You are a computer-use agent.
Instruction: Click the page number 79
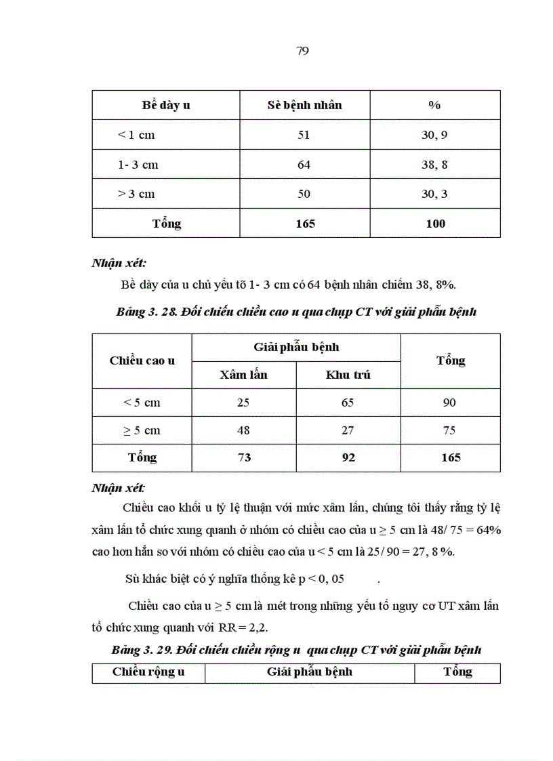pos(303,51)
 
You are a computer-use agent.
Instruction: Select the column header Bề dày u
pos(166,105)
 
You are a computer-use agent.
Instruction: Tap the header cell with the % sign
pos(434,105)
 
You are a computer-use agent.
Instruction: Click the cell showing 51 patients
pos(304,135)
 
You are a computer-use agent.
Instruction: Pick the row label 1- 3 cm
pos(138,165)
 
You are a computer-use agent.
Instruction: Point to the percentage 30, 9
pos(434,135)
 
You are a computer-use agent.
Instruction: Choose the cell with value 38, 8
pos(434,165)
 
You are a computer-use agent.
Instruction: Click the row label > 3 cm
pos(136,194)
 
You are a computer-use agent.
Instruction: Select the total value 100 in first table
pos(436,223)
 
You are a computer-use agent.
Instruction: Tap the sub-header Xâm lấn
pos(244,375)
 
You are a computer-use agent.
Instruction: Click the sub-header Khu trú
pos(348,375)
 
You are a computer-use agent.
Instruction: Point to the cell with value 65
pos(348,403)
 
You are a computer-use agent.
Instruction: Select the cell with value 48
pos(244,430)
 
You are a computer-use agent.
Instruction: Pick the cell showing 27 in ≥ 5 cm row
pos(348,430)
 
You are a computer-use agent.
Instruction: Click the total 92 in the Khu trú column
pos(348,457)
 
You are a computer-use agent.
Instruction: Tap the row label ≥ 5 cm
pos(142,430)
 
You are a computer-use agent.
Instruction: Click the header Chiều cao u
pos(142,361)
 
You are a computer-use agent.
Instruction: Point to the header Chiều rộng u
pos(148,672)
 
